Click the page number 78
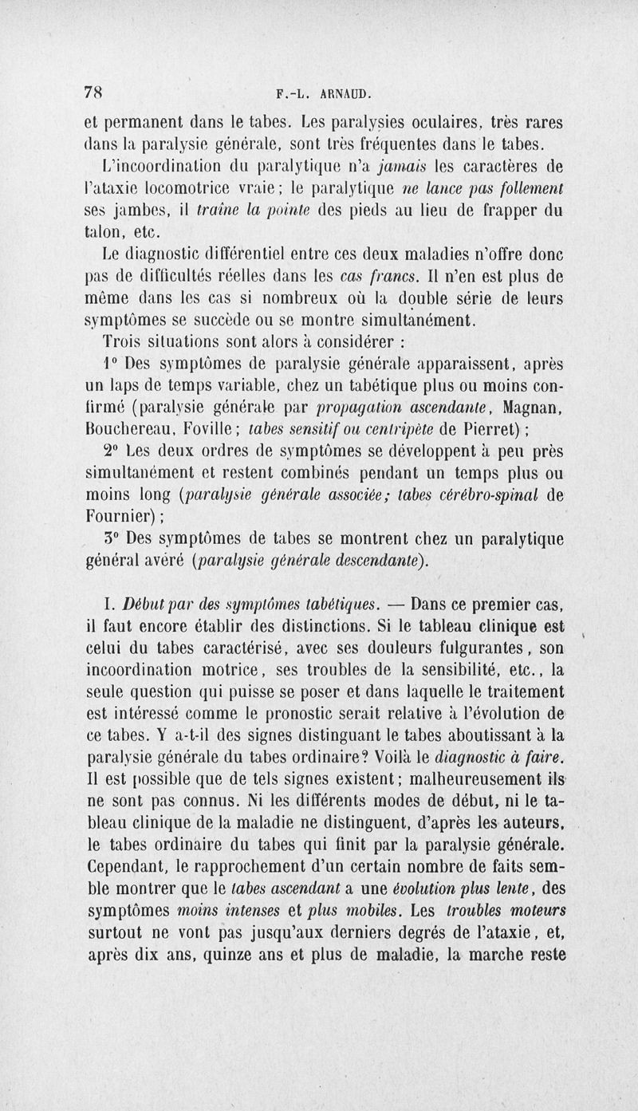point(94,92)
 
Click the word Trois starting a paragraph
point(124,342)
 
